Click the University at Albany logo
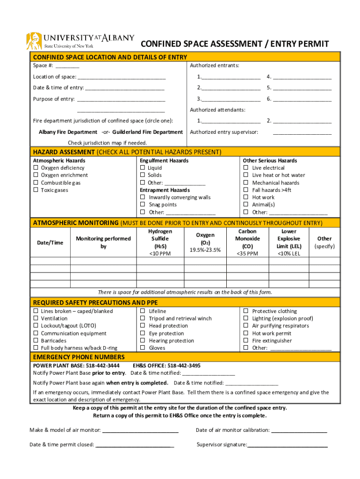coord(79,41)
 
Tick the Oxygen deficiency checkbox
coord(36,168)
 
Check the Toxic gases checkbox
coord(36,190)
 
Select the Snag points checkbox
coord(143,205)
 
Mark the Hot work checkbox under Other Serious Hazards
coord(246,197)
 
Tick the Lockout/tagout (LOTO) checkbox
coord(36,326)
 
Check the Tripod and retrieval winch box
coord(143,319)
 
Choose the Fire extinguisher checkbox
coord(246,341)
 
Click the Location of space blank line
coord(122,77)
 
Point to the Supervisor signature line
coord(287,445)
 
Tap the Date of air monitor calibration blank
coord(299,430)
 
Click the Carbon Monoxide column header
coord(247,239)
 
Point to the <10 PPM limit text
coord(160,254)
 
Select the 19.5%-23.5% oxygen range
coord(205,250)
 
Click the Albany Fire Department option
coord(68,132)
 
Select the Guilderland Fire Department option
coord(147,132)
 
